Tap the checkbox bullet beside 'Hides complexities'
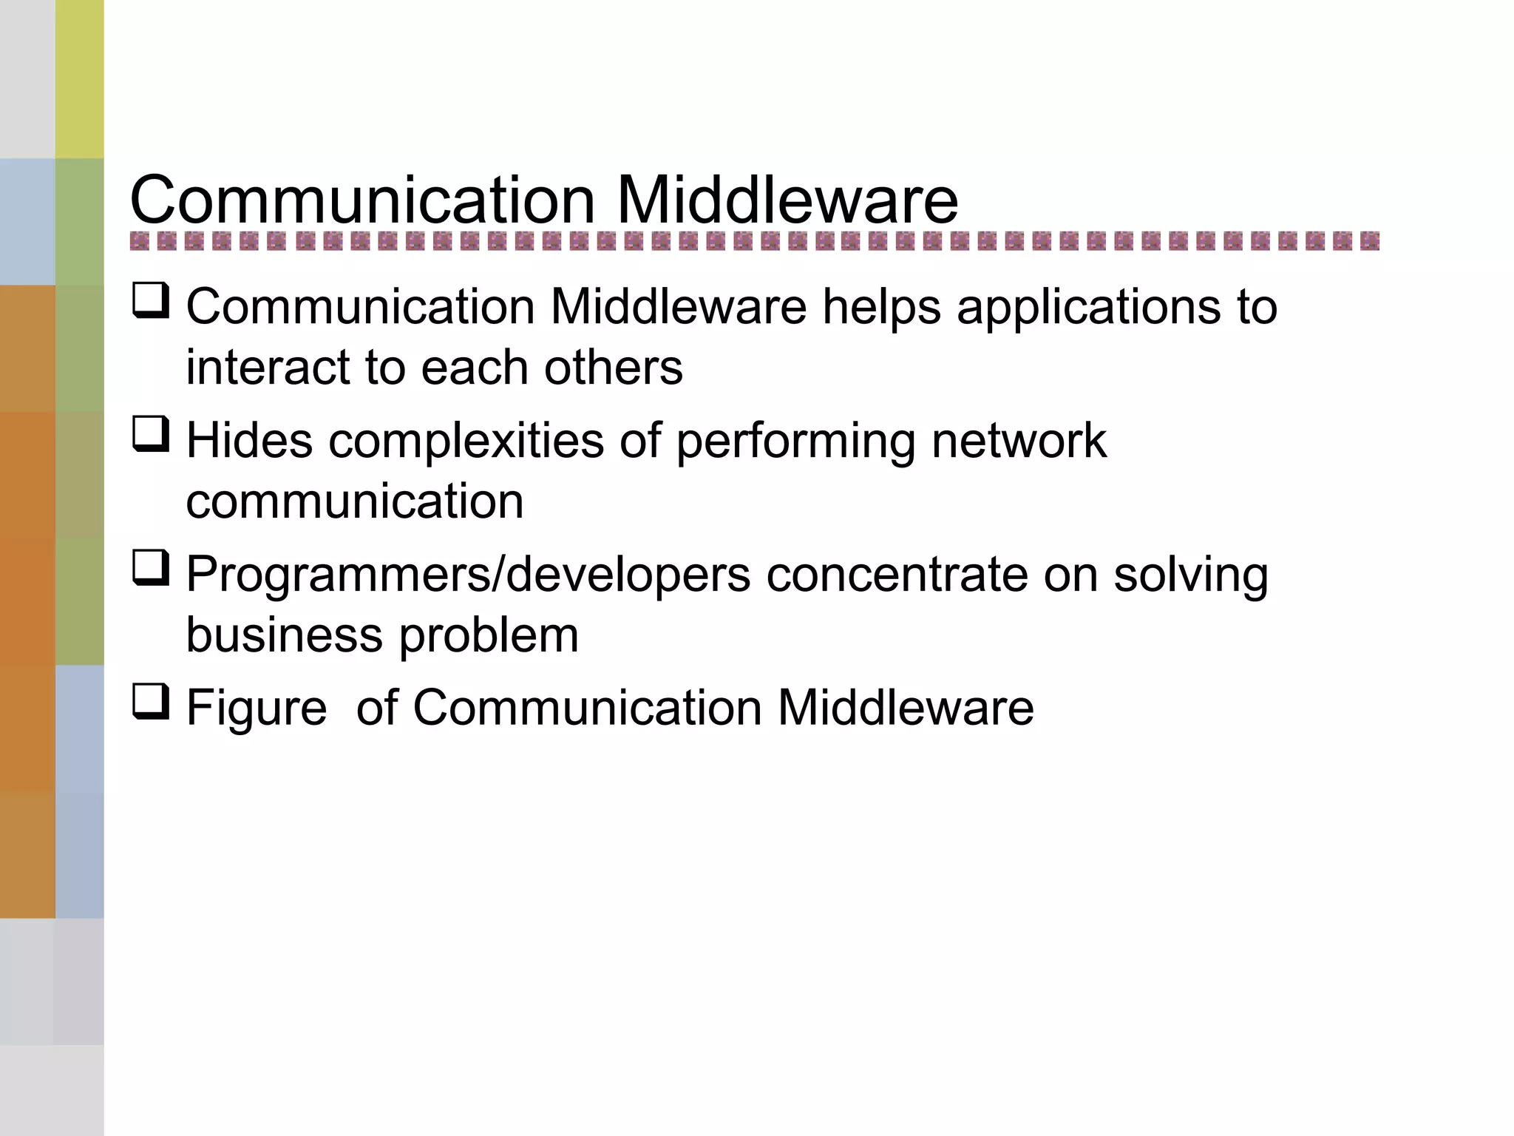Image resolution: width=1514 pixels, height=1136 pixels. click(151, 434)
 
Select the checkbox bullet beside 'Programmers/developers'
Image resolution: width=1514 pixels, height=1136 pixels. click(151, 568)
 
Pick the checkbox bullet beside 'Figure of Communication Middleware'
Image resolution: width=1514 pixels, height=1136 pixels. click(151, 701)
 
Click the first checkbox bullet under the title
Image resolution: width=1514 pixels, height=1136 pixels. click(151, 301)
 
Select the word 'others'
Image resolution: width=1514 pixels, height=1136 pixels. click(613, 368)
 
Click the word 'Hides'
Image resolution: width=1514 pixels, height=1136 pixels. click(249, 441)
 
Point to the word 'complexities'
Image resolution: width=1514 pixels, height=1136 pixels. click(466, 441)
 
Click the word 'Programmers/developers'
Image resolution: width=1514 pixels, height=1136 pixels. click(468, 575)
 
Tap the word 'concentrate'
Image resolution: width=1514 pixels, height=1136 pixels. click(897, 575)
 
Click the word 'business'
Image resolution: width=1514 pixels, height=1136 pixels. click(284, 635)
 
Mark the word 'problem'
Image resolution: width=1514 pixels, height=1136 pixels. click(489, 635)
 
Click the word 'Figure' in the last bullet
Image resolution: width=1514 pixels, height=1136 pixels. click(256, 708)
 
